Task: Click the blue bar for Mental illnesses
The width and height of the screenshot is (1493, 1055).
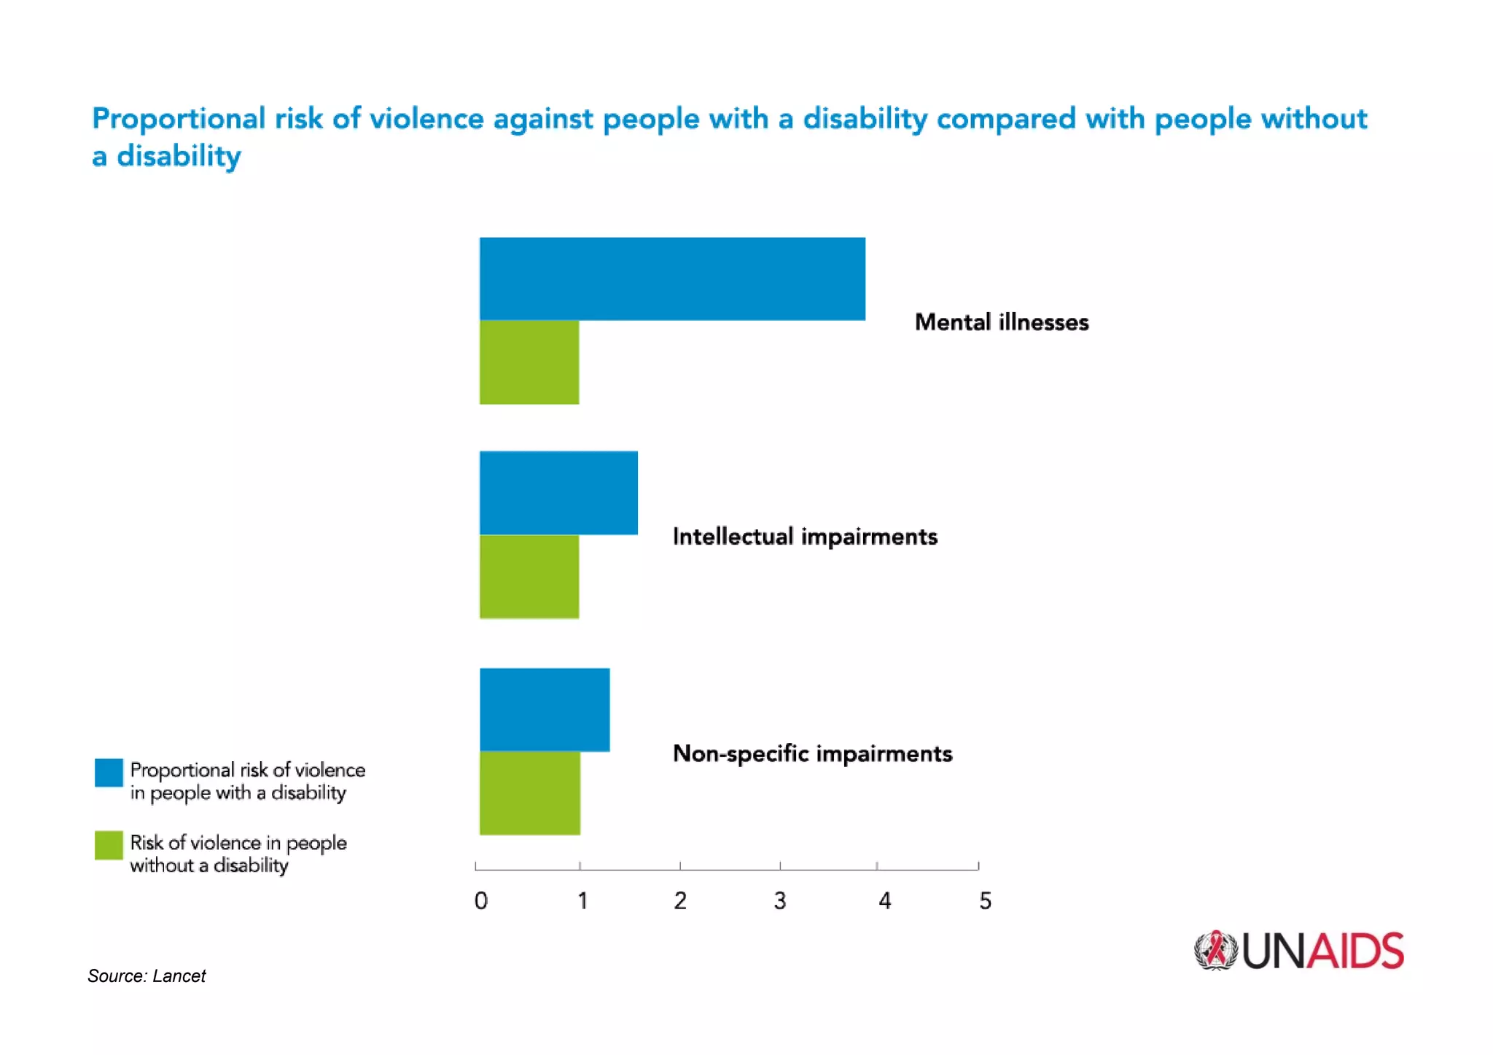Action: [672, 279]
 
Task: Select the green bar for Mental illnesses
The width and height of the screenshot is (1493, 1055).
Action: [529, 362]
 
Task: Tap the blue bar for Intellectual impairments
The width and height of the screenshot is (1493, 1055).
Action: [558, 493]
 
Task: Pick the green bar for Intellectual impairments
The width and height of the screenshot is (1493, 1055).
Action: [529, 577]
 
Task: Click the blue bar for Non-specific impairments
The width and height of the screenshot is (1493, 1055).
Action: [545, 709]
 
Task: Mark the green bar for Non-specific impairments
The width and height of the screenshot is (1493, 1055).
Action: [530, 793]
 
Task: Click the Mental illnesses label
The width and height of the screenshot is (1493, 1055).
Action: [1002, 322]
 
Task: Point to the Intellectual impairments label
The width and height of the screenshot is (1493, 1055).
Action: [805, 537]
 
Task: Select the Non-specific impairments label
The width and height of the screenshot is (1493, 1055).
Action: [812, 753]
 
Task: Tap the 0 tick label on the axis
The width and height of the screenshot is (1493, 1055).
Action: [481, 901]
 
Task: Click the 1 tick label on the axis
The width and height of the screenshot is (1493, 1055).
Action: [582, 901]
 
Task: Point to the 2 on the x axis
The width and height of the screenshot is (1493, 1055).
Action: [680, 901]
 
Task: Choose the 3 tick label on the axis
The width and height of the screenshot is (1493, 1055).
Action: [780, 901]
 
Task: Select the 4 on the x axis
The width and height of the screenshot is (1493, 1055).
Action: [884, 901]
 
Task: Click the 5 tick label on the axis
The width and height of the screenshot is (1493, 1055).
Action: [985, 901]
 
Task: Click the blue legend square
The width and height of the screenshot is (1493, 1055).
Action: [109, 773]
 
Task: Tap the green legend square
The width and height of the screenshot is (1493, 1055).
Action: [109, 846]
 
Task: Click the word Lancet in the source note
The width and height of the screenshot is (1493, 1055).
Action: [179, 976]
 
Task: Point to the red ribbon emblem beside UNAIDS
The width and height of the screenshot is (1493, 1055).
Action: [1215, 951]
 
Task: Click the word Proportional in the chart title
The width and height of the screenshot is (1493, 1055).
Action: [179, 119]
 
